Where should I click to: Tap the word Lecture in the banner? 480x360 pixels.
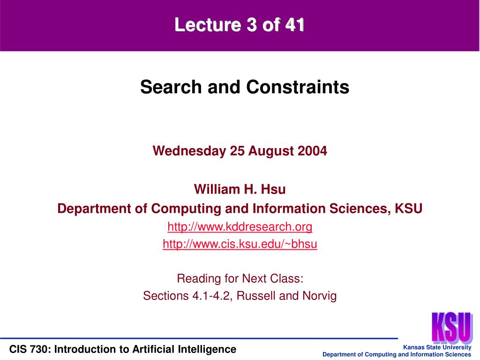[208, 24]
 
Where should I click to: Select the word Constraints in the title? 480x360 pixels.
[298, 87]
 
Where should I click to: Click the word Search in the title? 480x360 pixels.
[171, 87]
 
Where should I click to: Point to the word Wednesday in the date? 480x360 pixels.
[189, 151]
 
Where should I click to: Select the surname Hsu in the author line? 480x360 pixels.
[273, 189]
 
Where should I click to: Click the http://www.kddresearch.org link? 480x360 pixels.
[240, 227]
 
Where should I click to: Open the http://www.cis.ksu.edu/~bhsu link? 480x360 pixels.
[240, 244]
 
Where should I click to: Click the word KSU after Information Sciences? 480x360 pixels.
[408, 209]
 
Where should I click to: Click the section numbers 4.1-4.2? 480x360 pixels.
[211, 296]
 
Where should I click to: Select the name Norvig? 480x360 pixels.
[320, 296]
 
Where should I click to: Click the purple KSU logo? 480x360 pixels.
[452, 328]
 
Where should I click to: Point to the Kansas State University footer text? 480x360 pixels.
[437, 347]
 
